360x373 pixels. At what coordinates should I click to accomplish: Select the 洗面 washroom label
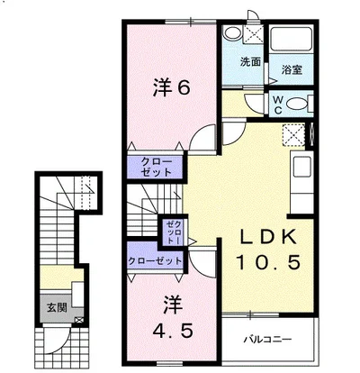point(250,62)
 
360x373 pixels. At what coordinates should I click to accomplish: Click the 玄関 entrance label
point(58,307)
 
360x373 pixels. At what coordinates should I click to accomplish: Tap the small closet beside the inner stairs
point(172,232)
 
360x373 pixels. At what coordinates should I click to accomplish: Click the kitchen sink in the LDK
point(301,168)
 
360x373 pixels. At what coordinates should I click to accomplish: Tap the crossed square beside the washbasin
point(254,36)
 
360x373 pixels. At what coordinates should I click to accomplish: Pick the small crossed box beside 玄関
point(83,318)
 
